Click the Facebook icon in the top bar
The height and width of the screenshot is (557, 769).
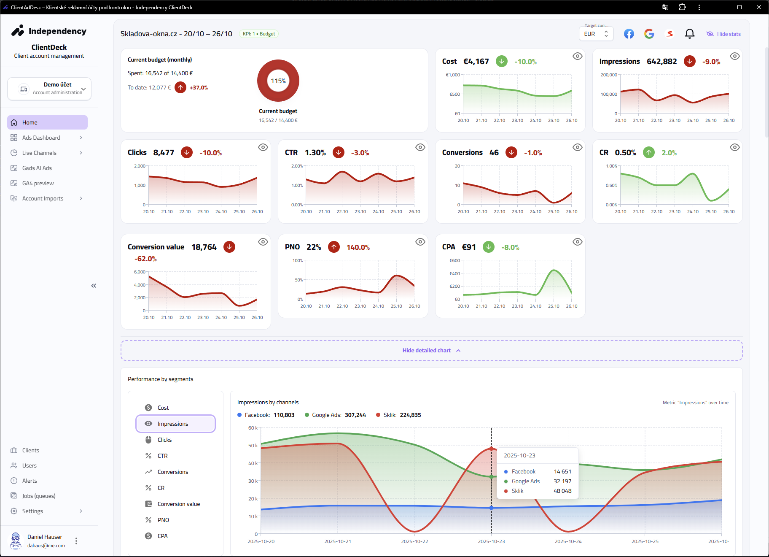coord(629,34)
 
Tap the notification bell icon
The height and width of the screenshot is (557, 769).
coord(689,34)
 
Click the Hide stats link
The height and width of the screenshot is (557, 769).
coord(723,34)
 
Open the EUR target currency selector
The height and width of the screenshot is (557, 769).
coord(596,34)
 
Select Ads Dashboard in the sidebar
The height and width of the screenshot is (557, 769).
coord(41,138)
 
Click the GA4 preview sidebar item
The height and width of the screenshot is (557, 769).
coord(38,183)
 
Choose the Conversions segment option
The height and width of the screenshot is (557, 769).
coord(172,472)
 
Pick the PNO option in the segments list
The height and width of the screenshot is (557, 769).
coord(163,520)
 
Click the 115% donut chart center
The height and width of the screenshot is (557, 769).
coord(278,81)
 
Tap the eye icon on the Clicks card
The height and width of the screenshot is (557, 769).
coord(263,147)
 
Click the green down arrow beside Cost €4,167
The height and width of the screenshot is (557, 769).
coord(501,61)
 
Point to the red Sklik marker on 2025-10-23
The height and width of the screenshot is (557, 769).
coord(491,449)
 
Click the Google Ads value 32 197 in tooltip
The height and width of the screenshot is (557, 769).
coord(562,481)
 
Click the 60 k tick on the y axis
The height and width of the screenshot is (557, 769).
coord(253,428)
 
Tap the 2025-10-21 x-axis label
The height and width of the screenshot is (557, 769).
coord(337,541)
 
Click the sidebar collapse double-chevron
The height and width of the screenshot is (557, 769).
coord(94,286)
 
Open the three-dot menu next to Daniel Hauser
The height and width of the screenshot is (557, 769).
coord(76,541)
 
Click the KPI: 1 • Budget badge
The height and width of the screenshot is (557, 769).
coord(258,34)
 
